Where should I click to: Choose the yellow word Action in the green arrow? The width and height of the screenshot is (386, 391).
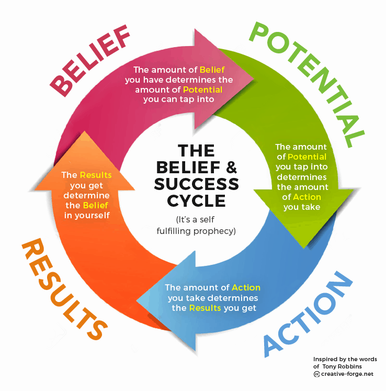point(308,197)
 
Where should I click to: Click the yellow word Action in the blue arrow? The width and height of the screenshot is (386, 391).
point(246,288)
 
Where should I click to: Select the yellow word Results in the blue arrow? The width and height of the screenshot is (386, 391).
point(205,308)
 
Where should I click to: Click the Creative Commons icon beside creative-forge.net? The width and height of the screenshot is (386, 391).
point(316,374)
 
